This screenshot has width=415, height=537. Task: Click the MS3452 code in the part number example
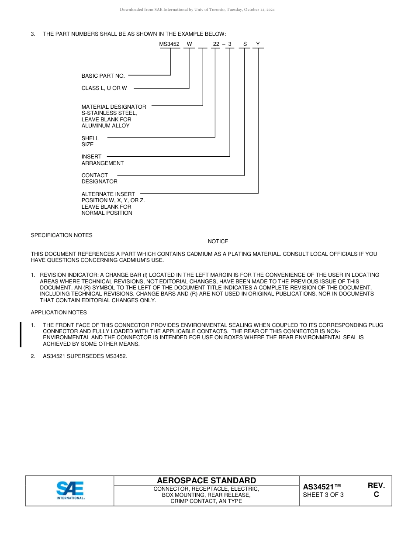[169, 44]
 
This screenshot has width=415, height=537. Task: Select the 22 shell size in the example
[216, 44]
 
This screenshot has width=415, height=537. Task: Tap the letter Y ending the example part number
[258, 44]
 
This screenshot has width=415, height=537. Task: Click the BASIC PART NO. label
[103, 76]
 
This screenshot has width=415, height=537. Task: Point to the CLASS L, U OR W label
[104, 88]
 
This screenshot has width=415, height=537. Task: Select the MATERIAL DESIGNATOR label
[114, 107]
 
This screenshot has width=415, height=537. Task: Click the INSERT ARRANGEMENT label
[102, 160]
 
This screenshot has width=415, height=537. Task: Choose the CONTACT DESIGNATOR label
[99, 178]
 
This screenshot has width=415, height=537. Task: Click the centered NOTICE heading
[218, 241]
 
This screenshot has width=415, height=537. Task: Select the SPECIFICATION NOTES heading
[62, 235]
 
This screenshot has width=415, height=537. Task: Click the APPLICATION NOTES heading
[59, 313]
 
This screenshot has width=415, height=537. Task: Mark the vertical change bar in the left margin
[21, 334]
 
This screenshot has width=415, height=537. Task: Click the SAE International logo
[70, 490]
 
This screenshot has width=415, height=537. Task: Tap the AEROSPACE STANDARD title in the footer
[206, 481]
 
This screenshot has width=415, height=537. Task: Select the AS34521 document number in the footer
[322, 487]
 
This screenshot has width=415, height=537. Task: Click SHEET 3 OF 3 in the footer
[323, 495]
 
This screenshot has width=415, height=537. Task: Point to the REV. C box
[376, 490]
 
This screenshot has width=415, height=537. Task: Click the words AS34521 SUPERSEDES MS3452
[85, 356]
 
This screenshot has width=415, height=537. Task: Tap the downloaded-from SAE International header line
[197, 10]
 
